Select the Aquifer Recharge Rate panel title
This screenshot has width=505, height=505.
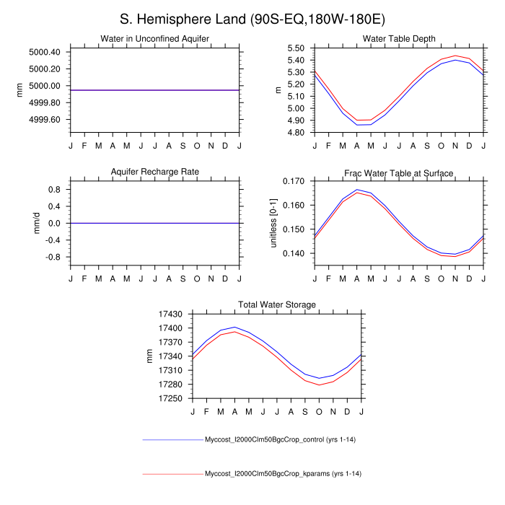coord(154,172)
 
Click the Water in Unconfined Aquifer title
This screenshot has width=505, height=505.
coord(154,38)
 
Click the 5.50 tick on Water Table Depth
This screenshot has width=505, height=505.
coord(296,48)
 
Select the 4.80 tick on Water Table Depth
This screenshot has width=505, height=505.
coord(296,133)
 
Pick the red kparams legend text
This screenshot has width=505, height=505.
coord(283,474)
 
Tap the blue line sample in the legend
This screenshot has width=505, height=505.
coord(173,439)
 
